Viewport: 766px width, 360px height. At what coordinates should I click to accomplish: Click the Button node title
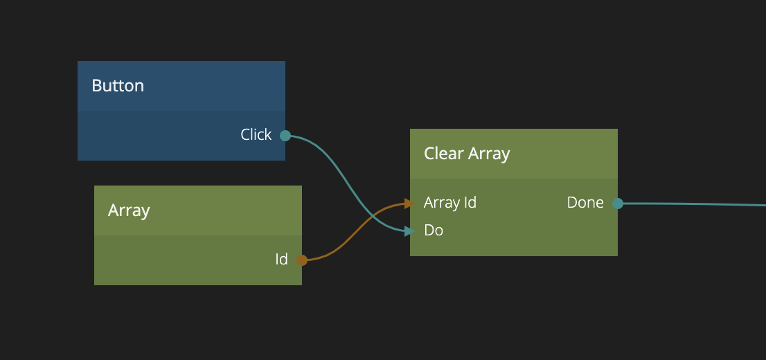(x=118, y=86)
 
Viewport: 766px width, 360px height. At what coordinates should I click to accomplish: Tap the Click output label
(x=256, y=135)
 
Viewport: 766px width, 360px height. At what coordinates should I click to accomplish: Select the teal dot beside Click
(x=285, y=136)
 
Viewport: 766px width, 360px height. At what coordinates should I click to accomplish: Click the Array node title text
(x=129, y=210)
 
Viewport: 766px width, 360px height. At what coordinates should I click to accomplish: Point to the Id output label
(x=281, y=260)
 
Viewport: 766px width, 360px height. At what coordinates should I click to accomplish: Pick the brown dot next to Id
(x=302, y=260)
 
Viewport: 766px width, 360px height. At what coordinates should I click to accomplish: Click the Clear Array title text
(x=466, y=154)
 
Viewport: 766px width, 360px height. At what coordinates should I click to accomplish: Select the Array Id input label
(x=449, y=203)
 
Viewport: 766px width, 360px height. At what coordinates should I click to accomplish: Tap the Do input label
(x=434, y=231)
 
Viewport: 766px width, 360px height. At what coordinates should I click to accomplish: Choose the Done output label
(x=585, y=203)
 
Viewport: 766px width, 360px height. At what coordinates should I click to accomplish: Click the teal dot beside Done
(x=618, y=204)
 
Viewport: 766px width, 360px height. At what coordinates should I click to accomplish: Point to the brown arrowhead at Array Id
(x=409, y=204)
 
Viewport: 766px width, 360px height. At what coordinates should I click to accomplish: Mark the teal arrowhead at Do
(x=409, y=231)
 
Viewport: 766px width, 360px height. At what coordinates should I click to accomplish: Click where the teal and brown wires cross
(x=374, y=217)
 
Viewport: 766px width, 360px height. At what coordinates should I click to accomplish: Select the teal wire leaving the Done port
(x=693, y=204)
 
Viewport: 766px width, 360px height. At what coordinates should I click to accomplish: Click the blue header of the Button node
(x=208, y=86)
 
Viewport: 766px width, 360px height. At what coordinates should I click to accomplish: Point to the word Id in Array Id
(x=469, y=203)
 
